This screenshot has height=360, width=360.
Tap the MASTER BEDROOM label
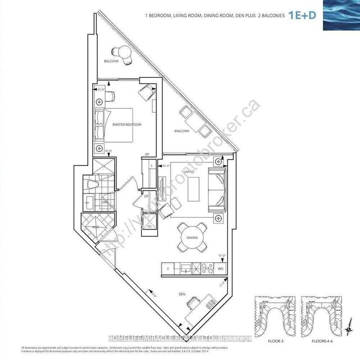point(127,124)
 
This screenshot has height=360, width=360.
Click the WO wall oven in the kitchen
point(220,270)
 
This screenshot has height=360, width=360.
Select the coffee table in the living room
point(194,186)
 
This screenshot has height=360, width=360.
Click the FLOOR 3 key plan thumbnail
point(274,318)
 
